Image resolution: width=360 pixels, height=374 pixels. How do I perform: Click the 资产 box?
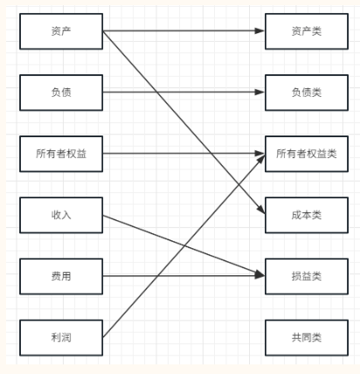click(61, 31)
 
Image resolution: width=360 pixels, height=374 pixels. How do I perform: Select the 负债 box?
click(61, 93)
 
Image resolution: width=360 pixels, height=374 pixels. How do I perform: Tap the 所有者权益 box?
click(61, 154)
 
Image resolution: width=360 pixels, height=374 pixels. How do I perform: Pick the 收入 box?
click(61, 215)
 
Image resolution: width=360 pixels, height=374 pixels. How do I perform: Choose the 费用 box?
click(61, 276)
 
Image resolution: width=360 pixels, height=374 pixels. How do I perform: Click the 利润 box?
click(61, 338)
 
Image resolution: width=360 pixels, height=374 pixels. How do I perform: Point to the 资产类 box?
click(307, 31)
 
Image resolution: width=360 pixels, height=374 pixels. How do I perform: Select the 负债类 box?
click(307, 93)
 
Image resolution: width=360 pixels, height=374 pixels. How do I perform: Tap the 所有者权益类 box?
click(307, 154)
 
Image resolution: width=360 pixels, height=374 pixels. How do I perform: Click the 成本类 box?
click(307, 215)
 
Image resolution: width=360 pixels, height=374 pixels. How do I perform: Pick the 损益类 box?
click(307, 276)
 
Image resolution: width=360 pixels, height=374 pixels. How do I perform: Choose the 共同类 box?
click(307, 338)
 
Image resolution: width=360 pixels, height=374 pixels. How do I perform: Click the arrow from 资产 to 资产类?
click(183, 31)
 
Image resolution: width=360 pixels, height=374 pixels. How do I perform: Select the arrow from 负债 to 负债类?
click(183, 92)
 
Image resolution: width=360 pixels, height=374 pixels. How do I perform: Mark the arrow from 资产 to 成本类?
click(183, 122)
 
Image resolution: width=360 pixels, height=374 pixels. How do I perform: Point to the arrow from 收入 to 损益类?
click(183, 246)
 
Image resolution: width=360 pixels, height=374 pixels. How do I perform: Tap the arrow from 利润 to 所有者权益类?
click(183, 246)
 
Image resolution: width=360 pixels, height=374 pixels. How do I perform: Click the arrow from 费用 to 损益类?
click(183, 275)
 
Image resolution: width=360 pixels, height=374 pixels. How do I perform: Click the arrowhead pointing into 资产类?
click(260, 31)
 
